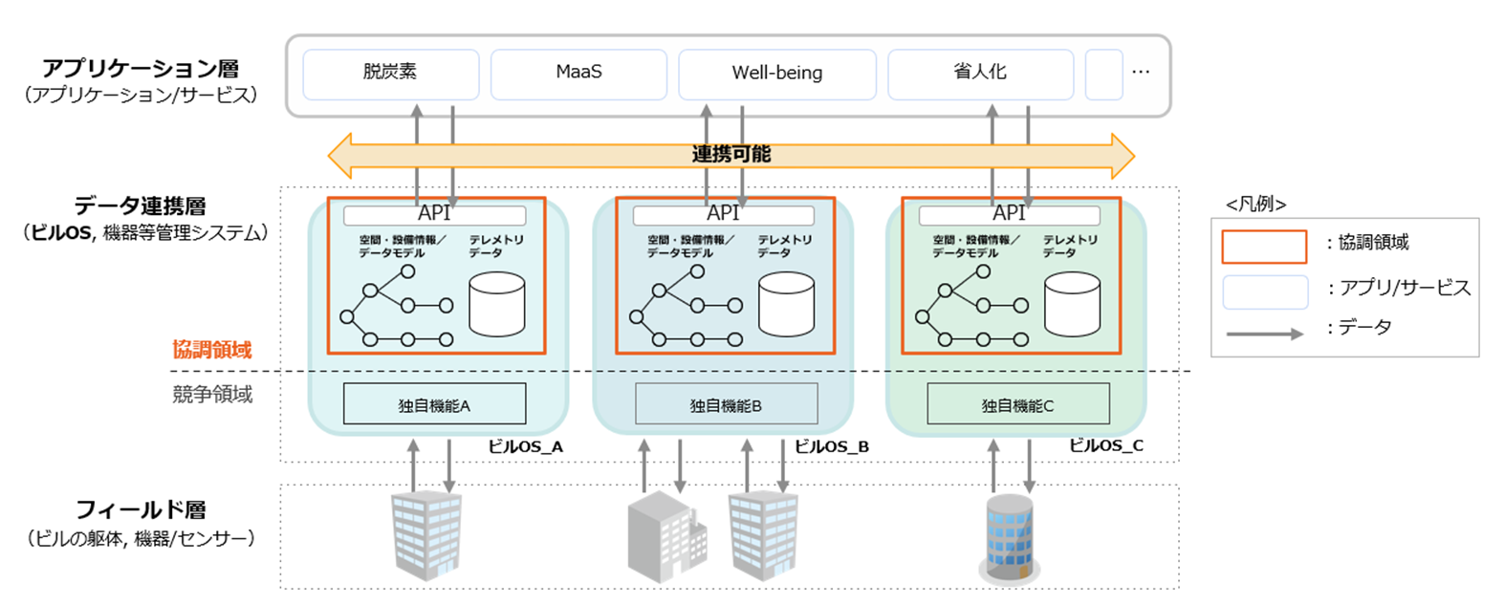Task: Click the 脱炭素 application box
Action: click(x=390, y=74)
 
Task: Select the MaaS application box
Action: click(x=578, y=74)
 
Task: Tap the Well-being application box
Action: click(x=776, y=74)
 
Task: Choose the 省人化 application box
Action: click(x=980, y=74)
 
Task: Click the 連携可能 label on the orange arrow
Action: click(x=731, y=155)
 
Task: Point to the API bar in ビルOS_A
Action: click(x=434, y=214)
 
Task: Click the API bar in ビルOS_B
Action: click(x=723, y=214)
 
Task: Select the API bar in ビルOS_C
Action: click(x=1009, y=214)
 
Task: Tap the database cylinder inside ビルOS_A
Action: click(x=497, y=305)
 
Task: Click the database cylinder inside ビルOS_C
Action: click(x=1072, y=305)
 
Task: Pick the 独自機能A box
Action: click(x=434, y=404)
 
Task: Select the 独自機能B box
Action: click(x=726, y=404)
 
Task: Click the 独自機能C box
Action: click(x=1017, y=404)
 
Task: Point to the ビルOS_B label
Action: click(x=832, y=446)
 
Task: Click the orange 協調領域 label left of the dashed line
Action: click(x=212, y=350)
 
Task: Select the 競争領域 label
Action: click(x=212, y=394)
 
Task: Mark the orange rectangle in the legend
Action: click(x=1264, y=247)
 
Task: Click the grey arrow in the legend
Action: click(x=1264, y=334)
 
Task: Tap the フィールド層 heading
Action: click(x=141, y=510)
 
